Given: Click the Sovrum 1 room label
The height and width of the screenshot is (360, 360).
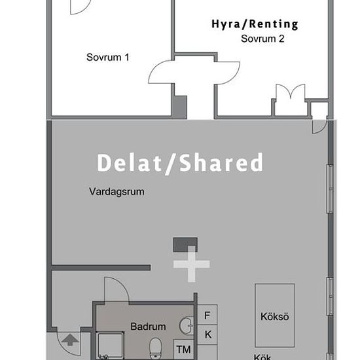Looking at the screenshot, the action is [x=108, y=57].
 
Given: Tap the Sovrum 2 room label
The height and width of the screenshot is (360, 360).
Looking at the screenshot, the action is [x=262, y=39].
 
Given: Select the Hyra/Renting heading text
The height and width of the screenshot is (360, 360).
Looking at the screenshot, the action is [x=255, y=25].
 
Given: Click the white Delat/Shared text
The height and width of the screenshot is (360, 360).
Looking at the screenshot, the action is [x=180, y=163].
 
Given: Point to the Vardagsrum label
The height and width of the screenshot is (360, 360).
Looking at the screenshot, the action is [x=117, y=192].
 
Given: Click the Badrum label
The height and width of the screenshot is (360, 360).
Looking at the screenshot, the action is [x=148, y=327].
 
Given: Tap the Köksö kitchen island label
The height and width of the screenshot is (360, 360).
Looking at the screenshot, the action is [x=275, y=317].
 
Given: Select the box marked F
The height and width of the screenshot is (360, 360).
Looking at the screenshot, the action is [x=207, y=315].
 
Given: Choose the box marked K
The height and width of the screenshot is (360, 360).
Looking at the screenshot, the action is [x=207, y=334].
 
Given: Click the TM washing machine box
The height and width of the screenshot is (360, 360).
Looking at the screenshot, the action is [x=184, y=350].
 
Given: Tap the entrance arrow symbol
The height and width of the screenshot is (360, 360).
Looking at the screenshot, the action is [x=70, y=340].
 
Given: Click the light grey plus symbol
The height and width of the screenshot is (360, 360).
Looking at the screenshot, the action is [x=191, y=264].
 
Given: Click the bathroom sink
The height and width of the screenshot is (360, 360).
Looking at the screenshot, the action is [x=187, y=325].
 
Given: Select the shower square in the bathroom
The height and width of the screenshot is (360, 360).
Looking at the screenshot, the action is [x=110, y=346].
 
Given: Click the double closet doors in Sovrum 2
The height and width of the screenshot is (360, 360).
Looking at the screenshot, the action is [x=291, y=91].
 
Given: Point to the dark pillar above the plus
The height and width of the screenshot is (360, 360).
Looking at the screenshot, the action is [x=185, y=245].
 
